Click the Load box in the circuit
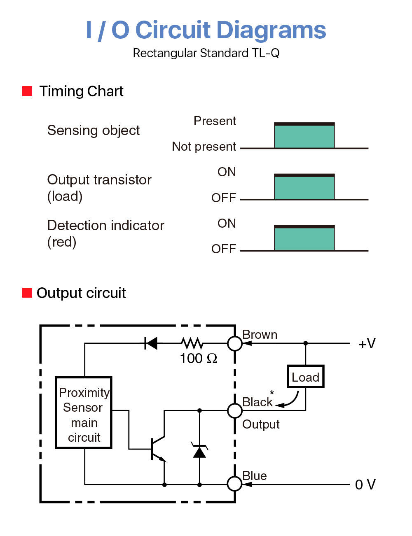click(305, 377)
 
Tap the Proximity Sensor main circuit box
click(84, 412)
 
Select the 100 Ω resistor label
click(198, 358)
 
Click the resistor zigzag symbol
click(192, 343)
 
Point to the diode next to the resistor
click(151, 343)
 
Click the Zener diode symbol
click(199, 451)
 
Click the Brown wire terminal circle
click(235, 343)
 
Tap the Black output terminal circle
click(235, 410)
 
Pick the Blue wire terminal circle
click(235, 484)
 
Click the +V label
click(367, 343)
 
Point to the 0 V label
click(365, 485)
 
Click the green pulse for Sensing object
click(304, 136)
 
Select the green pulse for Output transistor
click(304, 188)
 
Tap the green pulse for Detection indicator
click(304, 239)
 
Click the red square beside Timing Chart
click(27, 91)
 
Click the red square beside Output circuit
click(27, 293)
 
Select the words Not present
click(204, 147)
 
